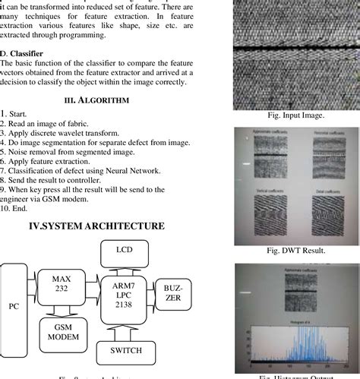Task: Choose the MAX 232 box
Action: point(62,284)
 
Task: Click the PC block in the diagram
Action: point(14,306)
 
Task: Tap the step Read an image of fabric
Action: point(46,123)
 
